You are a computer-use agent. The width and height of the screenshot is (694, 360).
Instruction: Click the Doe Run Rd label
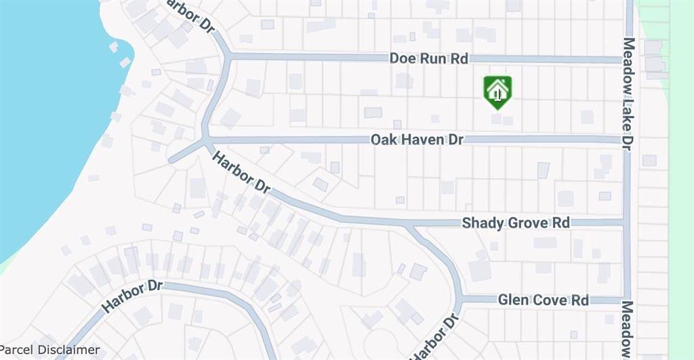pos(428,59)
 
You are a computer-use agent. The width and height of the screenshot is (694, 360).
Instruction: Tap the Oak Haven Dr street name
pos(417,140)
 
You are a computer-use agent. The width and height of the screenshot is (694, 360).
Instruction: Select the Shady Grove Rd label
pos(516,222)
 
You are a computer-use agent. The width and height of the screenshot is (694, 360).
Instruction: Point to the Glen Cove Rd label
pos(543,300)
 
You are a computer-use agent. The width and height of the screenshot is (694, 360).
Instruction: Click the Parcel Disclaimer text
pos(50,351)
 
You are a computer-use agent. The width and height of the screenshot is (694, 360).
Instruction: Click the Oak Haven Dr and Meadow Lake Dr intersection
pos(628,140)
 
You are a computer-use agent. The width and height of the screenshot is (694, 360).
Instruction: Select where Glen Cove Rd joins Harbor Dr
pos(461,299)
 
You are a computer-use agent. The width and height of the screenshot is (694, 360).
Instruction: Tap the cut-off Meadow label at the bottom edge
pos(628,331)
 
